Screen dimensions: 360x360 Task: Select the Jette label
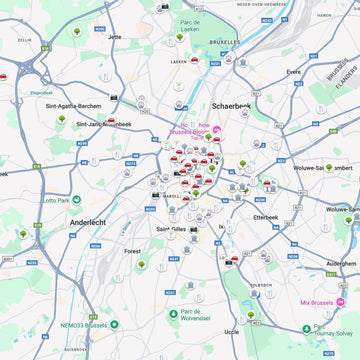click(114, 37)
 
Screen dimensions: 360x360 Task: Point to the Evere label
click(293, 72)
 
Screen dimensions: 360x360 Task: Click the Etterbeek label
click(265, 216)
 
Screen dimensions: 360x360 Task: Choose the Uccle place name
click(232, 331)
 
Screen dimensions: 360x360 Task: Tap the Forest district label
click(132, 251)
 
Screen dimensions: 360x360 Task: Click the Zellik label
click(24, 40)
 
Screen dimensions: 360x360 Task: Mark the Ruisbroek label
click(76, 349)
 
